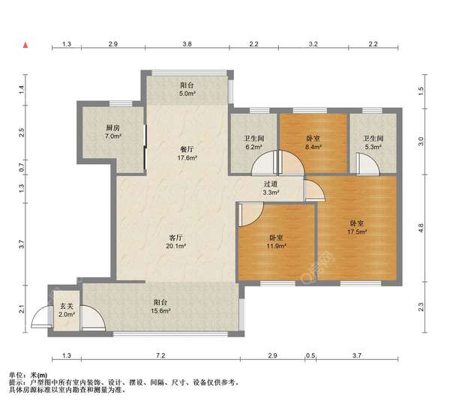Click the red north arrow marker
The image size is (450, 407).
point(25,45)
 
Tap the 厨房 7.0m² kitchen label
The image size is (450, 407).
point(113,132)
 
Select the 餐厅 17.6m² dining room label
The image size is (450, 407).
point(187,154)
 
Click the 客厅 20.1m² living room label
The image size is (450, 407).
point(175,242)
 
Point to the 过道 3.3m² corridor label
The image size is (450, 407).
point(270,188)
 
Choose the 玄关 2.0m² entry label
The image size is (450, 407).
point(67,310)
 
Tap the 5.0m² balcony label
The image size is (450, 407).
point(187,89)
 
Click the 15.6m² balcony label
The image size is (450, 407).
point(160,307)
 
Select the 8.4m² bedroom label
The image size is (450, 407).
point(313,142)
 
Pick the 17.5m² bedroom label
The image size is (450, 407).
point(357,227)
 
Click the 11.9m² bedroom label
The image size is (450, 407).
point(276,242)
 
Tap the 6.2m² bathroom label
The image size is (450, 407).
point(253,142)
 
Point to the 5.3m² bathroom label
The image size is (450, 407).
point(373,142)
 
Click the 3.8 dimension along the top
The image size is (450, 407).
point(187,44)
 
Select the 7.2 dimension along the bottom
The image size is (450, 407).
point(160,356)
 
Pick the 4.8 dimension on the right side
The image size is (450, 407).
point(421,228)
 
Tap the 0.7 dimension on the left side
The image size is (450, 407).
point(22,167)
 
